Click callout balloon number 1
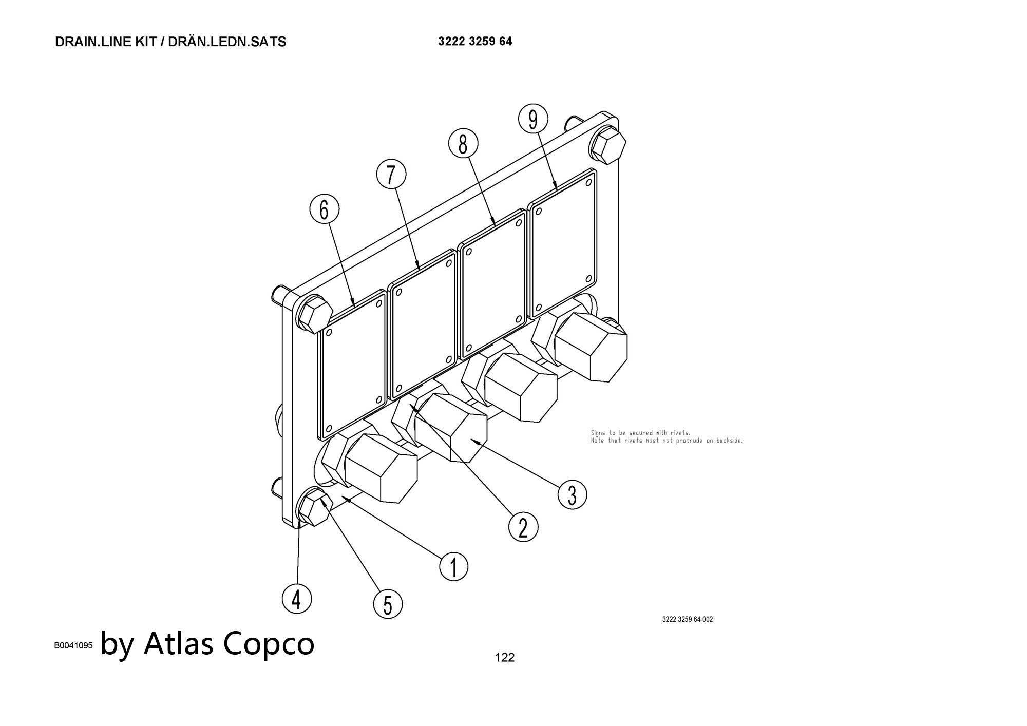coord(453,567)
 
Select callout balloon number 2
coord(523,527)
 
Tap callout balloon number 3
coord(572,494)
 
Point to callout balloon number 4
coord(296,599)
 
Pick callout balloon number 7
coord(391,175)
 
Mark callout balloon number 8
coord(463,143)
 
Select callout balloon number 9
coord(533,119)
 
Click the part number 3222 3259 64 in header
coord(474,42)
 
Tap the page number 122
coord(504,657)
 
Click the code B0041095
coord(73,645)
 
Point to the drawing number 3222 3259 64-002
coord(687,619)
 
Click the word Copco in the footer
coord(269,643)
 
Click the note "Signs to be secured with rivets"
coord(640,433)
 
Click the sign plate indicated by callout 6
coord(353,369)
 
